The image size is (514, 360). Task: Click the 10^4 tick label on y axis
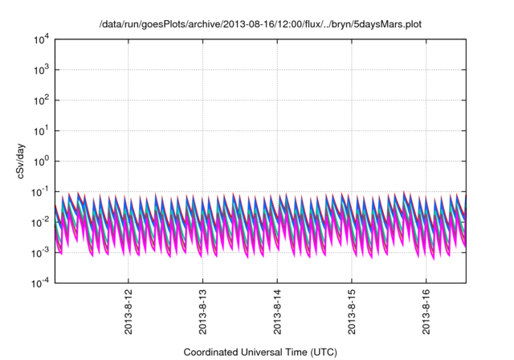pos(40,39)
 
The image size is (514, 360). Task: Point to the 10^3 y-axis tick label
pos(40,69)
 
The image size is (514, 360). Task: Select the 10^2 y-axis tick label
pos(40,100)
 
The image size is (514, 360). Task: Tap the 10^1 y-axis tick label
pos(40,130)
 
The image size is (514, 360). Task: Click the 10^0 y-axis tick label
pos(40,161)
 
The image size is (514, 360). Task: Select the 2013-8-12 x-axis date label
pos(128,312)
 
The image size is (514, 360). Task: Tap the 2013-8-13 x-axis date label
pos(202,312)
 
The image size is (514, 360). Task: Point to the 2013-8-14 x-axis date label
pos(277,312)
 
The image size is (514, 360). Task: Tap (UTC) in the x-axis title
pos(322,352)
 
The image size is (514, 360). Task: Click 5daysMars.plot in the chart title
pos(387,24)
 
